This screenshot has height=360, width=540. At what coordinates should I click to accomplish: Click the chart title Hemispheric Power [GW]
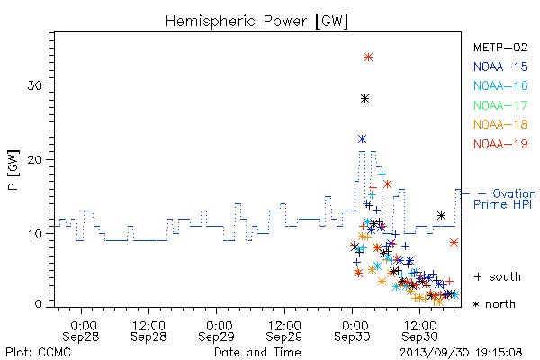tap(256, 21)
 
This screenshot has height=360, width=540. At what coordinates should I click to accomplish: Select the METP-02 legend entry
tap(500, 48)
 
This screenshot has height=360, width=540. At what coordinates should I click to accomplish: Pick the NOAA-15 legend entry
tap(500, 67)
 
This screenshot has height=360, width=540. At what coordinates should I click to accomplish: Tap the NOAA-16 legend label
tap(500, 85)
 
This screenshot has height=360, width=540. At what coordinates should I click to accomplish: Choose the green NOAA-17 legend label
tap(500, 105)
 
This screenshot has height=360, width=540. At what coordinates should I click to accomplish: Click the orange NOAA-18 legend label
tap(500, 124)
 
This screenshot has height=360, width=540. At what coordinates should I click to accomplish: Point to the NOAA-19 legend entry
tap(500, 144)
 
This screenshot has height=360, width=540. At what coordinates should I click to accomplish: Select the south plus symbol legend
tap(498, 276)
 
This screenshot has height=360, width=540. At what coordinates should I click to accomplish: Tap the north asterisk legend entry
tap(494, 304)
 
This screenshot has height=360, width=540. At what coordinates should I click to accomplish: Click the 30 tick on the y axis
tap(35, 85)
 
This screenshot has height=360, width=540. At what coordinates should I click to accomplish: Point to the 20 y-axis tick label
tap(35, 160)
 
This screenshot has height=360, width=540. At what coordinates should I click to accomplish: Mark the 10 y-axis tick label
tap(35, 234)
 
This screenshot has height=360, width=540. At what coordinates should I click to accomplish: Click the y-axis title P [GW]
tap(13, 170)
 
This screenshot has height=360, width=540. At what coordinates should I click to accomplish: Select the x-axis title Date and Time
tap(257, 353)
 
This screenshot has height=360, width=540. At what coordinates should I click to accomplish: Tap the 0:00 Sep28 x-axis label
tap(81, 331)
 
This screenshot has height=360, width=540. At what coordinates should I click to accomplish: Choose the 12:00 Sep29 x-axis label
tap(284, 331)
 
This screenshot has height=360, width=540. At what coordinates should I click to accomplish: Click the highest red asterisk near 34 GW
tap(368, 58)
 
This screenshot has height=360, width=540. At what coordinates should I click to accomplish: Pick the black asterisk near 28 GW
tap(364, 99)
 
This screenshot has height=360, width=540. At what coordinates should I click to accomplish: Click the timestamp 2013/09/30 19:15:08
tap(461, 353)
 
